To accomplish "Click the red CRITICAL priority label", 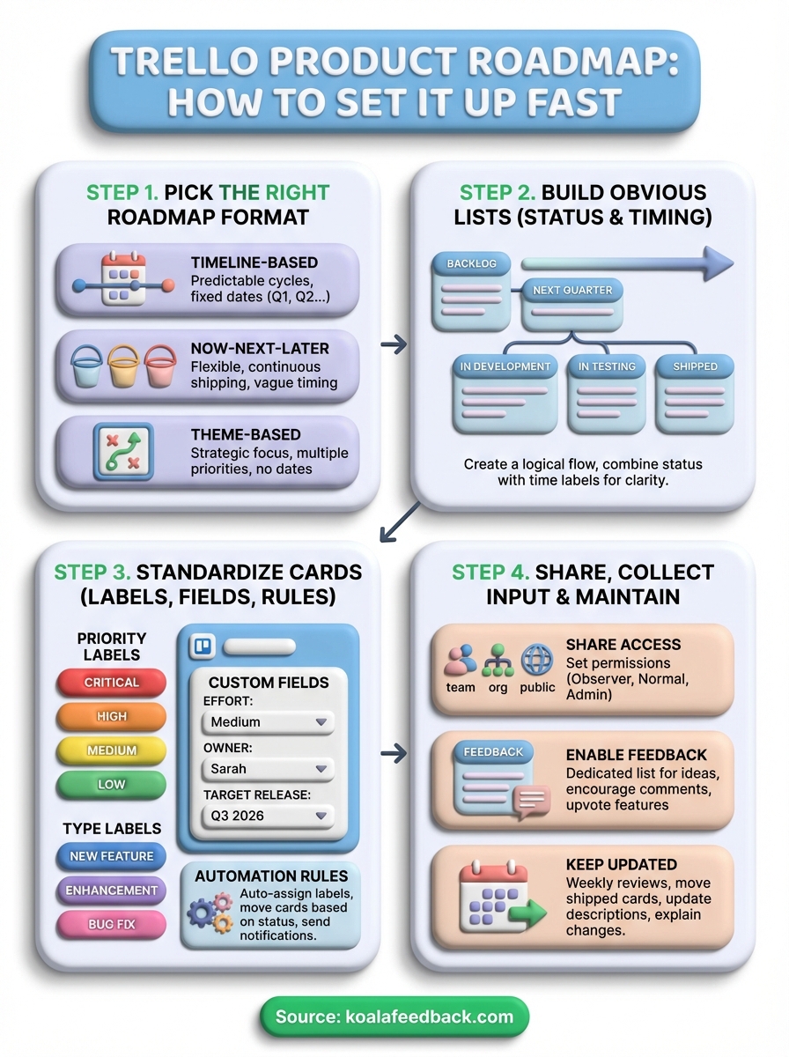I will click(x=111, y=683).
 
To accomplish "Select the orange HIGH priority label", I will click(x=111, y=716).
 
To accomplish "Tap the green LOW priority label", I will click(x=111, y=784).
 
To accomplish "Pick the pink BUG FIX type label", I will click(x=111, y=924).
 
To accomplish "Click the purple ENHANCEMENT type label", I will click(x=111, y=891).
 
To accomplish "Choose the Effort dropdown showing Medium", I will click(x=268, y=722).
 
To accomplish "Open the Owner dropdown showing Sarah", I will click(x=268, y=769).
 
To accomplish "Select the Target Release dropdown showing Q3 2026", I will click(x=268, y=816).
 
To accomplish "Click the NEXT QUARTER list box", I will click(x=572, y=303).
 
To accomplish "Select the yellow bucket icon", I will click(x=123, y=366).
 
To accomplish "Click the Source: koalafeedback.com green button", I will click(x=394, y=1016).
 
